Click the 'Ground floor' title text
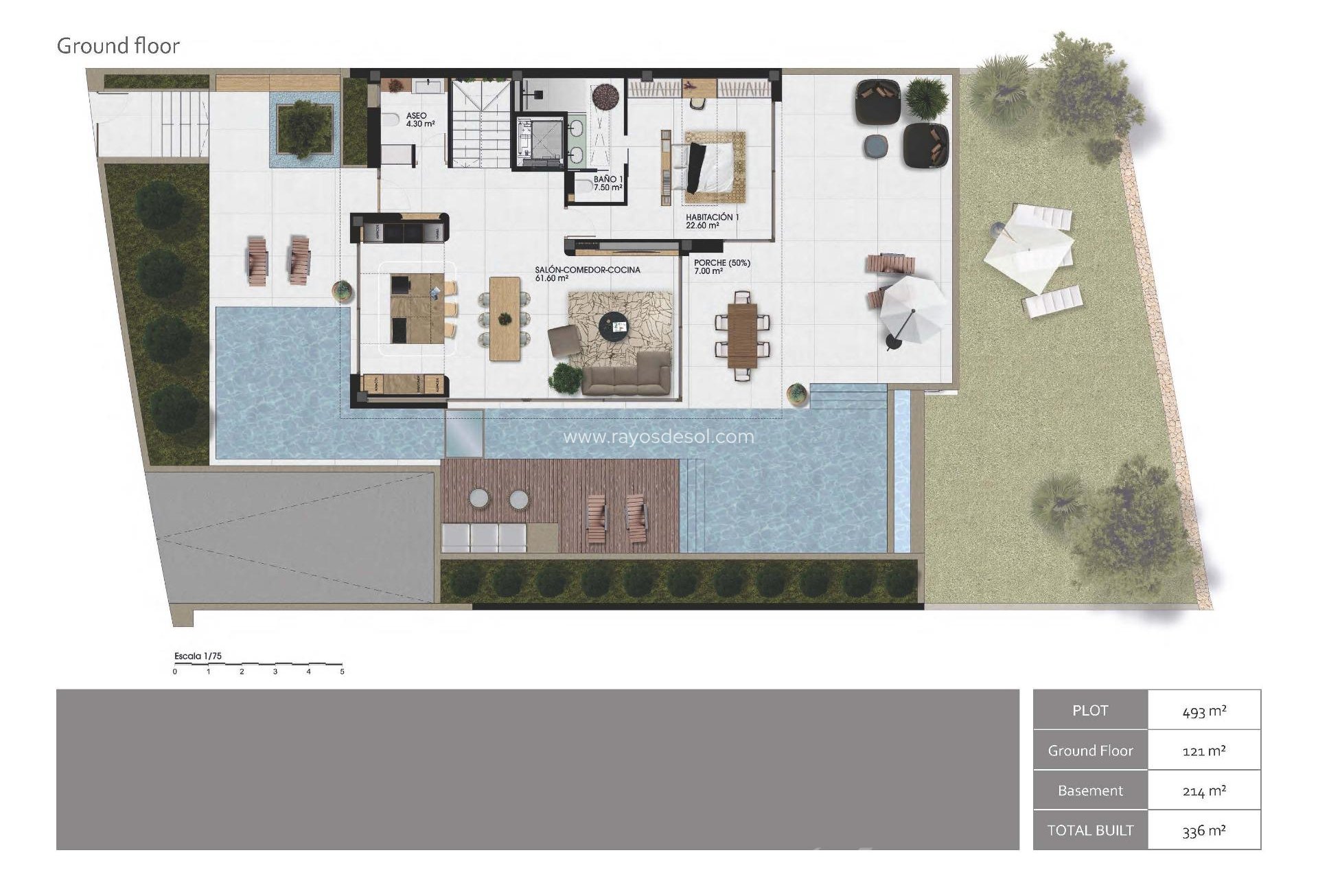point(118,46)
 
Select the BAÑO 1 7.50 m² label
point(608,183)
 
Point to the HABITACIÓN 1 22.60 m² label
point(712,220)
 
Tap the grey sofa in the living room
point(625,375)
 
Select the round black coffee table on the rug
point(613,326)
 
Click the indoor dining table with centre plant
point(505,318)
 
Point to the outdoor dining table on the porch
point(742,336)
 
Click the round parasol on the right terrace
point(912,310)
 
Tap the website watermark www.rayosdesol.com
point(658,437)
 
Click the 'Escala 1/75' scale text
point(198,656)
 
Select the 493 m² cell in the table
point(1204,711)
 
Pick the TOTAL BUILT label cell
point(1090,830)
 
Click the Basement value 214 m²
point(1204,790)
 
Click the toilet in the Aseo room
point(392,121)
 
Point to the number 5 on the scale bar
point(342,672)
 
